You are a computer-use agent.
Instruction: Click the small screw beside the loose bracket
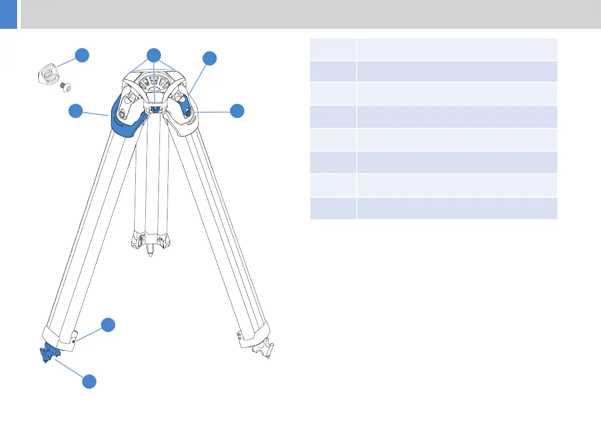point(65,88)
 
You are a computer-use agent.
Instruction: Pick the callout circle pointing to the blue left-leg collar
point(76,111)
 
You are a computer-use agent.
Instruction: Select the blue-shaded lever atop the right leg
point(188,108)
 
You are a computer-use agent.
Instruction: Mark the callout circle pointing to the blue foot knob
point(89,381)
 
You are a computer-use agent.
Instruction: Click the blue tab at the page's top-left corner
point(9,14)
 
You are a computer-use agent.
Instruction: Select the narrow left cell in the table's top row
point(333,49)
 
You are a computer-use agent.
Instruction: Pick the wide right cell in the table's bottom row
point(457,208)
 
